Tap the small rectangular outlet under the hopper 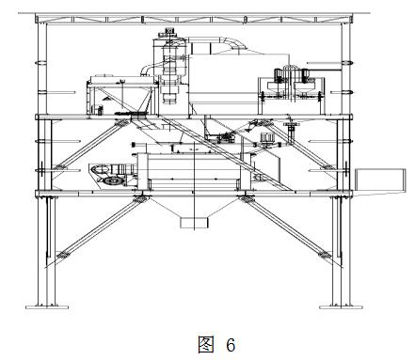point(194,223)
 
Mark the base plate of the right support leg point(335,305)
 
